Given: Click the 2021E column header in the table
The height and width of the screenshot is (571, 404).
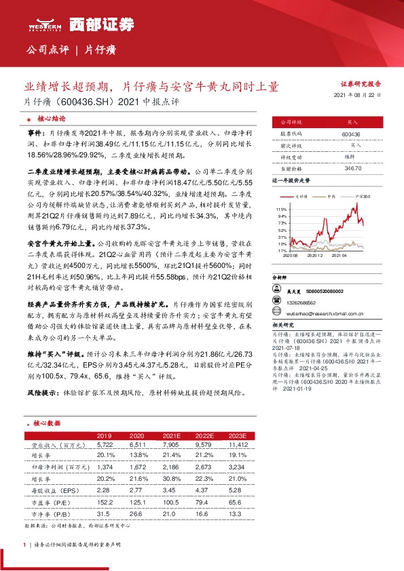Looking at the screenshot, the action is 170,435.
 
